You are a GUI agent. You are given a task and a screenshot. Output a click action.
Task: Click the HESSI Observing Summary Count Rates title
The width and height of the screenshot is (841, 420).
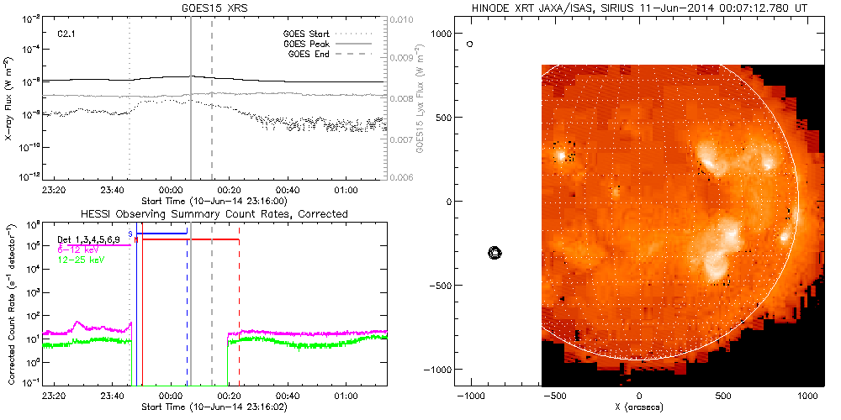pyautogui.click(x=214, y=214)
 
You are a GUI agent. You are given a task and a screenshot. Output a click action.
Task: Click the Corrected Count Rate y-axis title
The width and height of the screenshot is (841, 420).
pyautogui.click(x=9, y=302)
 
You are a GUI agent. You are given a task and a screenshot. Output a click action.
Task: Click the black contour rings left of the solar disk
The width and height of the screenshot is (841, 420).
pyautogui.click(x=495, y=252)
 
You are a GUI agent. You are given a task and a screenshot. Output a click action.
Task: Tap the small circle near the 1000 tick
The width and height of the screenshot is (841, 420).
pyautogui.click(x=470, y=43)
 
